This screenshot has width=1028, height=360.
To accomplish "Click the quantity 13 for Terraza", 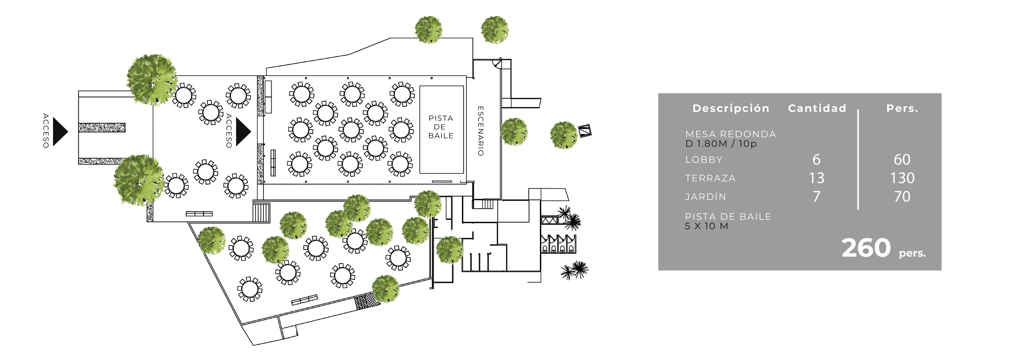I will tap(817, 178).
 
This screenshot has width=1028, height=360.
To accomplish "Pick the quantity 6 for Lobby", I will tap(817, 160).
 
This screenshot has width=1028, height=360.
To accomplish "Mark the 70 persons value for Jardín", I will tap(902, 196).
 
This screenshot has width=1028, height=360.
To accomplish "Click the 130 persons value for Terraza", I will tap(902, 178).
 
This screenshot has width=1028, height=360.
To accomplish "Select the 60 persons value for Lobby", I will tap(902, 160).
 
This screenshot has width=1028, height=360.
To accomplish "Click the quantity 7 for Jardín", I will tap(817, 196).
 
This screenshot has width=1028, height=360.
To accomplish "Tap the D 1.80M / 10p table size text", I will tap(721, 144).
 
